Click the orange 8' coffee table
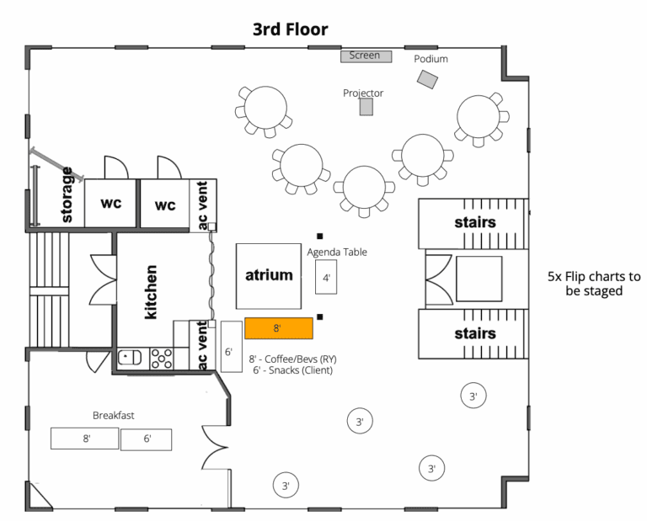tap(279, 328)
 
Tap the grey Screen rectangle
tap(366, 56)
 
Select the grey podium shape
tap(427, 79)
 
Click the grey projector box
tap(366, 107)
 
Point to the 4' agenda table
tap(326, 278)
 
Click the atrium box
tap(269, 276)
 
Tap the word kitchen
tap(151, 292)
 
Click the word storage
tap(67, 194)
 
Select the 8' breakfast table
tap(84, 439)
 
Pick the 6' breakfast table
tap(146, 439)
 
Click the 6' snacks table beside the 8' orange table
tap(232, 347)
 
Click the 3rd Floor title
tap(291, 29)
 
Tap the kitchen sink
tap(130, 358)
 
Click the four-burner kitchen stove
tap(162, 359)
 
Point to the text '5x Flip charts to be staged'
tap(594, 284)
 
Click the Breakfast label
tap(114, 416)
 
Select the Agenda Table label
tap(337, 253)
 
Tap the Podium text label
tap(430, 59)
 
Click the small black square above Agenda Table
tap(320, 237)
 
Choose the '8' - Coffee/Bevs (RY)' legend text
tap(292, 359)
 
